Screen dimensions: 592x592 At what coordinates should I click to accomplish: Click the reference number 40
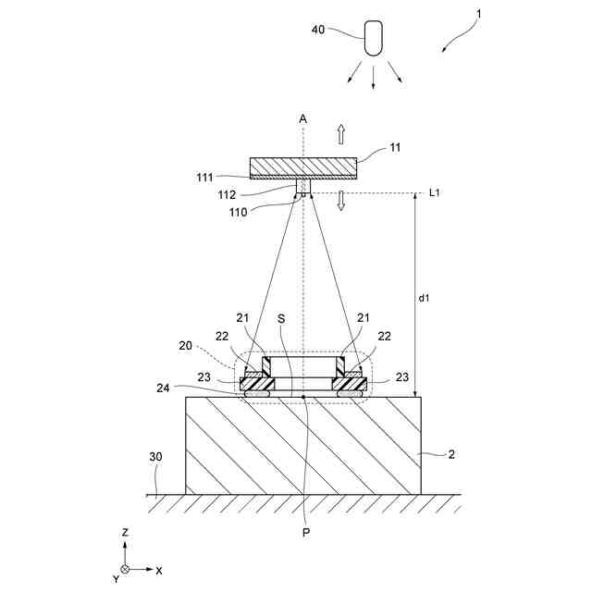click(x=318, y=30)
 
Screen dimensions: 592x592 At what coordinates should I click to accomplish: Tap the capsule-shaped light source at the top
click(x=374, y=38)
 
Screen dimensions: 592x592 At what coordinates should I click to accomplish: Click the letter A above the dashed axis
click(x=302, y=119)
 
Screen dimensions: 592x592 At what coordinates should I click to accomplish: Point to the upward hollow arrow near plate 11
click(x=340, y=134)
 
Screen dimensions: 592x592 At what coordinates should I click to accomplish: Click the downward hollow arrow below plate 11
click(x=340, y=200)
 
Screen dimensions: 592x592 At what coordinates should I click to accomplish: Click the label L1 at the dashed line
click(x=435, y=192)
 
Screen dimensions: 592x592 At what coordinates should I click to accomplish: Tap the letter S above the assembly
click(x=282, y=316)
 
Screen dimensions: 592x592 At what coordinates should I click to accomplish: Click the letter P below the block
click(x=303, y=533)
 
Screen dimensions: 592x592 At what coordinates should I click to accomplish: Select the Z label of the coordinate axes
click(x=124, y=534)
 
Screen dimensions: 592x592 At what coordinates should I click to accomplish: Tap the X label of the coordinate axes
click(x=159, y=570)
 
